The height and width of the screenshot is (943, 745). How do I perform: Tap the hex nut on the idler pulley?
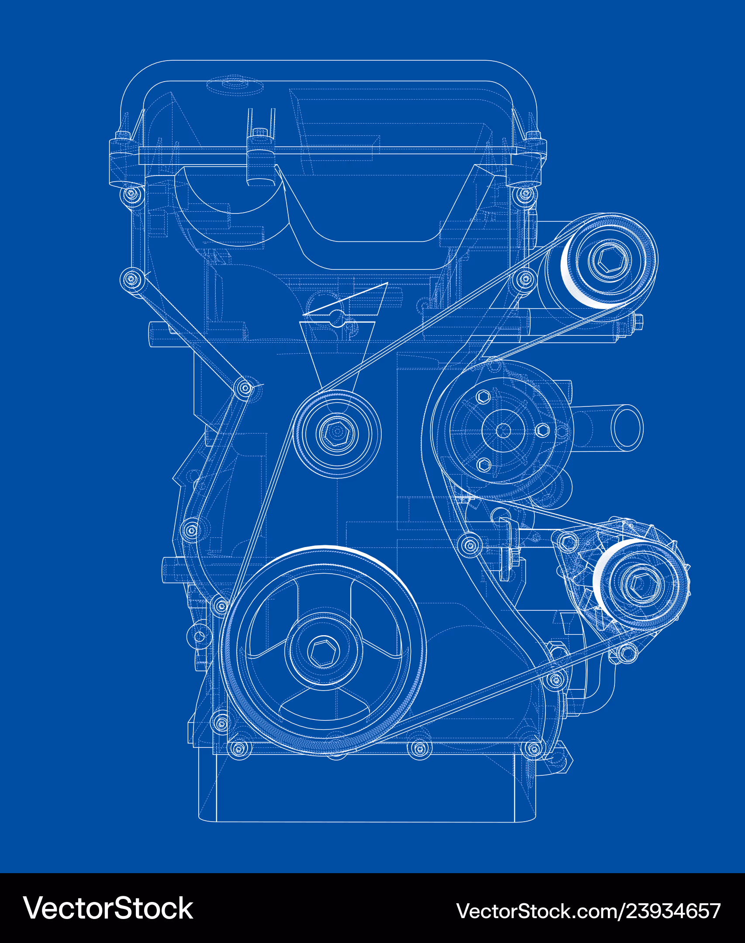337,433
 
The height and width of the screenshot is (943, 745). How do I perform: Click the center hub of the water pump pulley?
504,430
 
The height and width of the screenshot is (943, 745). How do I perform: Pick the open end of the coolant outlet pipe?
627,428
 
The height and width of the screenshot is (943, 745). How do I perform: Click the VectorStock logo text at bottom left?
108,909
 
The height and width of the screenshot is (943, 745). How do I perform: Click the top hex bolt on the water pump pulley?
483,397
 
